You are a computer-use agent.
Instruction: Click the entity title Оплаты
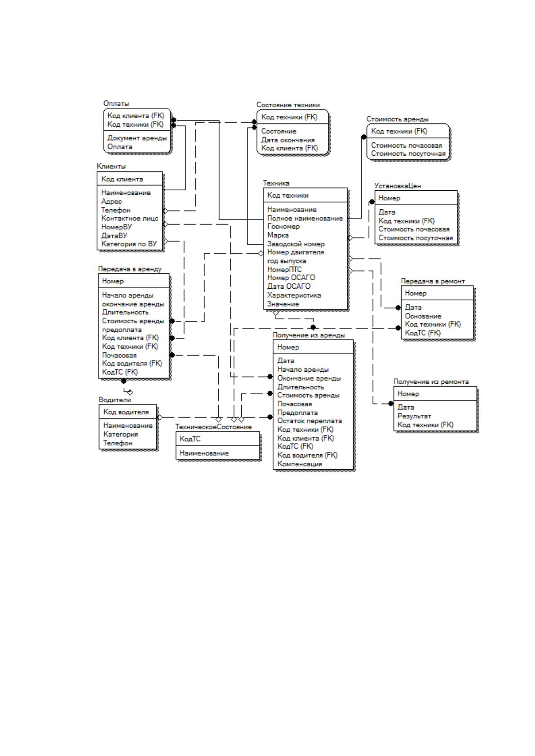[x=116, y=104]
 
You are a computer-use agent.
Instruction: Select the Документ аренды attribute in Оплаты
[x=137, y=138]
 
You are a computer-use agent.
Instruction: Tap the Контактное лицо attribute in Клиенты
[x=130, y=218]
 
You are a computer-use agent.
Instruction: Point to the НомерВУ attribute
[x=116, y=227]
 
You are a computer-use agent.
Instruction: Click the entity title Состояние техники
[x=288, y=105]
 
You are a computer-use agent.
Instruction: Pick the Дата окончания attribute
[x=288, y=140]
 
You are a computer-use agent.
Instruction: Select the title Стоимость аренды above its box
[x=398, y=119]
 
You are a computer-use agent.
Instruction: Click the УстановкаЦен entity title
[x=398, y=186]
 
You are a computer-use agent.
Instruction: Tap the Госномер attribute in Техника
[x=283, y=226]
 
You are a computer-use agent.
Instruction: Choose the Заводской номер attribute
[x=296, y=244]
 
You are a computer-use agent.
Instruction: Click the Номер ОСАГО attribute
[x=291, y=278]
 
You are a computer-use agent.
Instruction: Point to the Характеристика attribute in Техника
[x=294, y=295]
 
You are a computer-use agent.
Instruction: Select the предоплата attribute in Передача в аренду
[x=122, y=330]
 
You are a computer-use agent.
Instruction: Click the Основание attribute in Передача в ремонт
[x=423, y=316]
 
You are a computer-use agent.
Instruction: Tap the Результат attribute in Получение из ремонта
[x=415, y=416]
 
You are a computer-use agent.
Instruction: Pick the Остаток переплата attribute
[x=310, y=421]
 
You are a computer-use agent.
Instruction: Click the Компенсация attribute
[x=300, y=464]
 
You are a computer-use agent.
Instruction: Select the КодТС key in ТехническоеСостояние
[x=190, y=439]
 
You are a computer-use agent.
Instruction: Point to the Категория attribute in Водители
[x=120, y=435]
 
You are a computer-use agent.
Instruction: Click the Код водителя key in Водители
[x=126, y=412]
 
